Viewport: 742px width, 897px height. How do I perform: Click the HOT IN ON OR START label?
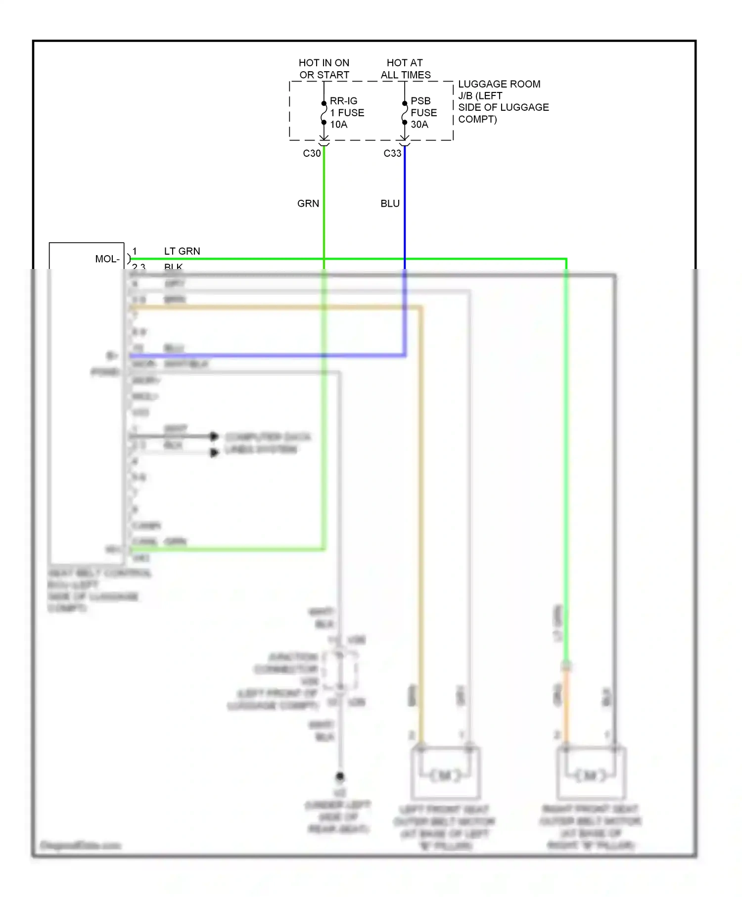click(324, 69)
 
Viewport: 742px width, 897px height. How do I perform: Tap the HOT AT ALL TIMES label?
click(405, 69)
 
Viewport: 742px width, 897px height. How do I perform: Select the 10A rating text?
click(339, 125)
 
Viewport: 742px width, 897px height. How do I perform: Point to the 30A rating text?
click(419, 125)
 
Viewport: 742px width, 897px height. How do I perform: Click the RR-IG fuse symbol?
click(324, 113)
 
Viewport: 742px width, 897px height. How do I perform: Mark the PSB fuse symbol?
click(405, 113)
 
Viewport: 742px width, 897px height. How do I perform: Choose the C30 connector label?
click(312, 153)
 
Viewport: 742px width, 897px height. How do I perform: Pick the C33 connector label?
click(392, 153)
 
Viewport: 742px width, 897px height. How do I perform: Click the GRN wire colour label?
click(308, 204)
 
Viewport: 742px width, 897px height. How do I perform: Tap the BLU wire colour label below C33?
click(390, 204)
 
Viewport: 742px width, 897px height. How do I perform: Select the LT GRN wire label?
click(182, 251)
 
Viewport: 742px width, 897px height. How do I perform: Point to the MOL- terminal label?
click(107, 259)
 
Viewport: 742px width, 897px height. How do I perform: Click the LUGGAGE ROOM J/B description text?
click(503, 101)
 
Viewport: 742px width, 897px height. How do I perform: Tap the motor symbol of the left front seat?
click(445, 775)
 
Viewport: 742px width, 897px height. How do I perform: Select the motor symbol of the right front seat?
click(591, 775)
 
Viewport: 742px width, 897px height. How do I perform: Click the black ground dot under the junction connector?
click(340, 776)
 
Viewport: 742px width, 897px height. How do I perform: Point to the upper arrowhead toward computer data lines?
click(214, 436)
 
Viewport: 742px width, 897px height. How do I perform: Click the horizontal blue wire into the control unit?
click(267, 355)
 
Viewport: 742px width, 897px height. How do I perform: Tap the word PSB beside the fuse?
click(420, 101)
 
